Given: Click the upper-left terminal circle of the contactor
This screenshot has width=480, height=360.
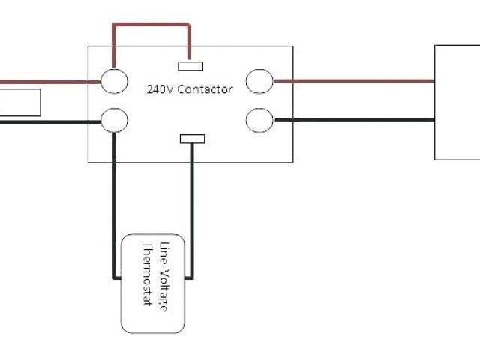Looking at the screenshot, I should pos(114,81).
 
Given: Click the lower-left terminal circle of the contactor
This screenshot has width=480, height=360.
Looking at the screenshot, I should pos(114,120).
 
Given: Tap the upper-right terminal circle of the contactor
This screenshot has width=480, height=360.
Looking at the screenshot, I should pos(259,81).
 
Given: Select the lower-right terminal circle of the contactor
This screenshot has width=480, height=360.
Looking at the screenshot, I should pos(259,120).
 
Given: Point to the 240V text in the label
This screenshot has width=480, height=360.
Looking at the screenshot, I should pos(160,88).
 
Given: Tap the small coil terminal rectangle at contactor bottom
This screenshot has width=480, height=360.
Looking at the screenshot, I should pos(193,139).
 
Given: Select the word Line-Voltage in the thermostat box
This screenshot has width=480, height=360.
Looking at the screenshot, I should pos(163,274).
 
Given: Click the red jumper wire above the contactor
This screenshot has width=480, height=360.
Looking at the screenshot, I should pos(150,25).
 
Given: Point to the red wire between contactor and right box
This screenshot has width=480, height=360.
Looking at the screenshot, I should pos(352,81).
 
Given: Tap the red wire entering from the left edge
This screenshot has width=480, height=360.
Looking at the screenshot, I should pos(45,81).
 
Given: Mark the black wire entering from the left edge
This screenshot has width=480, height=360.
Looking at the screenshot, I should pos(45,120).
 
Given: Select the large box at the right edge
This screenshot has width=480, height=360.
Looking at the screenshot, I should pos(457,102).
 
